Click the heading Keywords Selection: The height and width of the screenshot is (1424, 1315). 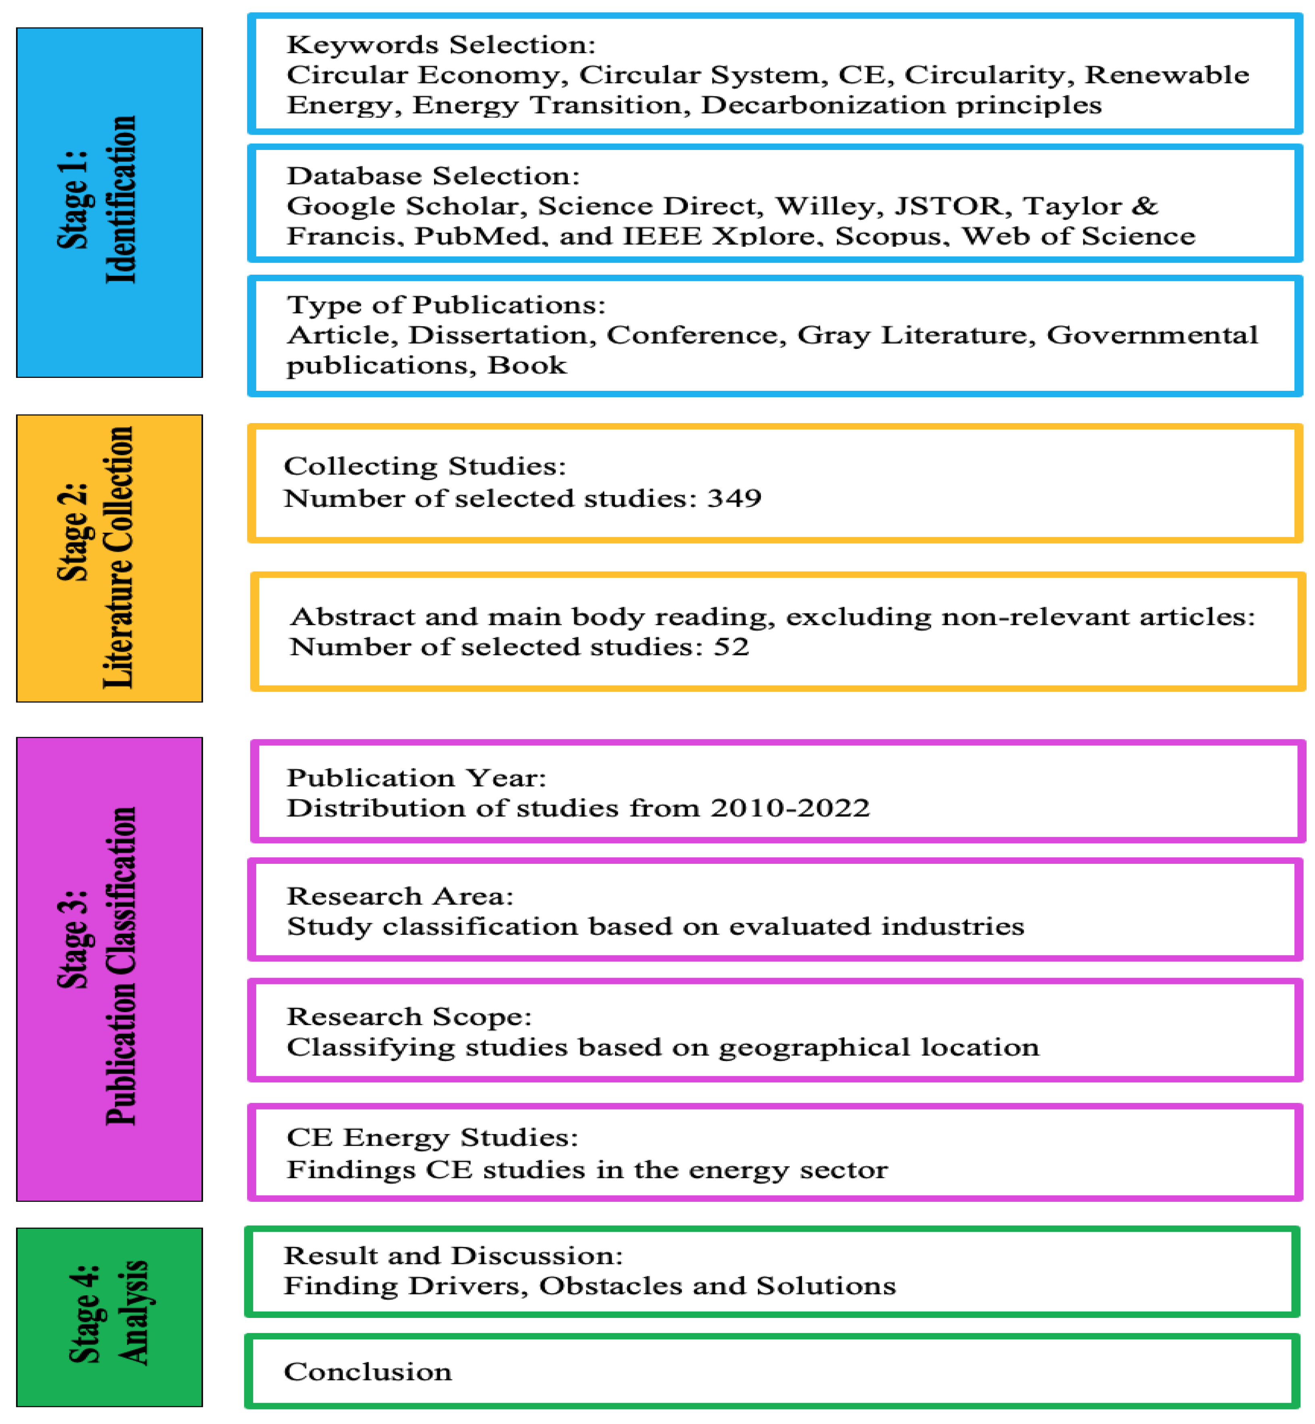click(440, 45)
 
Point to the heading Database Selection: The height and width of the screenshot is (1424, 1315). click(433, 176)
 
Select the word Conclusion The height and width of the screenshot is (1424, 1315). click(367, 1371)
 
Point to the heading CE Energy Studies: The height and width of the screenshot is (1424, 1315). click(432, 1137)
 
